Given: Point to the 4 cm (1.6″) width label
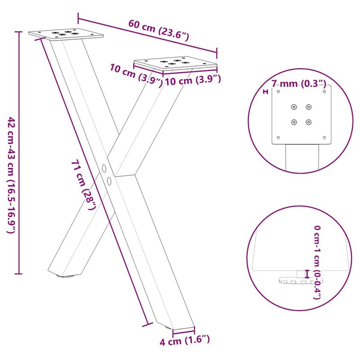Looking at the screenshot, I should [185, 341].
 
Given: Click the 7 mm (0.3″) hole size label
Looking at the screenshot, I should [299, 84].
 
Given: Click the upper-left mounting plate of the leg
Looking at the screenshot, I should [66, 34].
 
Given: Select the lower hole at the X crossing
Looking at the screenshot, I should [109, 180].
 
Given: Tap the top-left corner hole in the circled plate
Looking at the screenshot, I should [278, 92].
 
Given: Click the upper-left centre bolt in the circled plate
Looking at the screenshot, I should [294, 107].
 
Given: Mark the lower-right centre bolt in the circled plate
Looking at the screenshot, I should [308, 121].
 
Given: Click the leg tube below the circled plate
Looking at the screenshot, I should [302, 157].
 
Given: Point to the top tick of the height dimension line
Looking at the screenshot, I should [18, 32].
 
